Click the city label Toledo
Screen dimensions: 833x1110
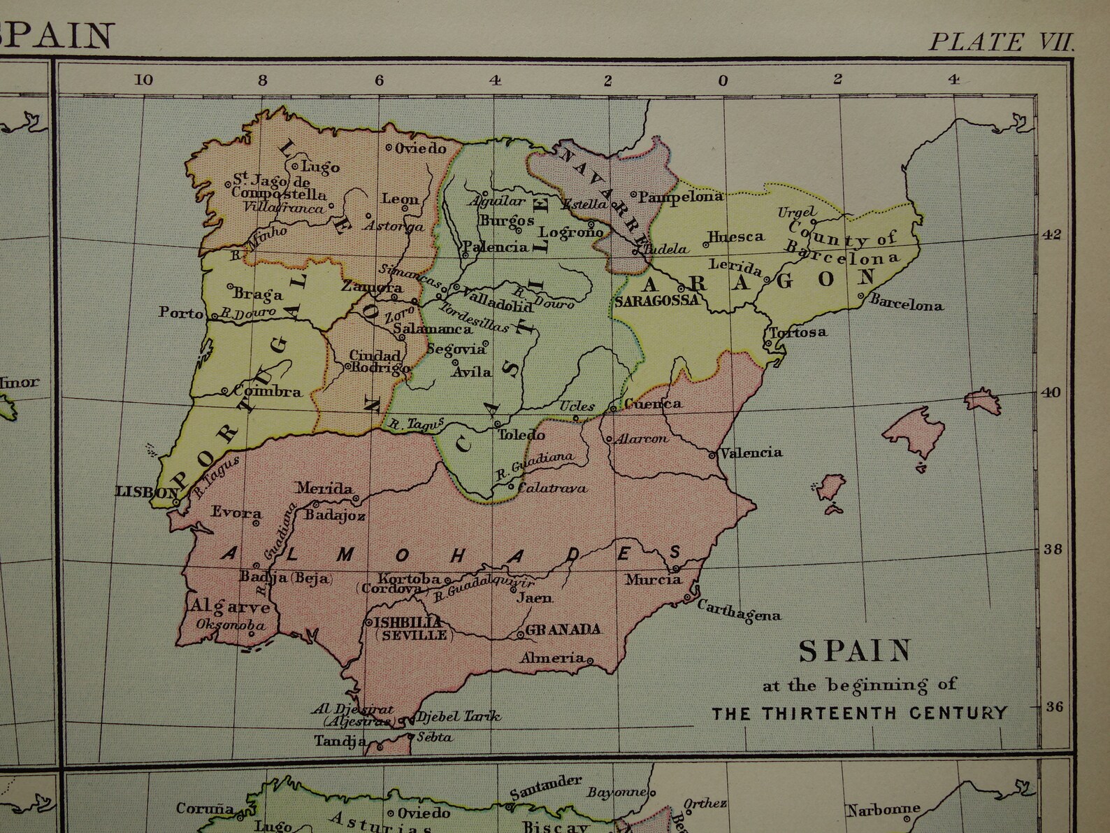[521, 434]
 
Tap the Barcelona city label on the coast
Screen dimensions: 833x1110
[908, 305]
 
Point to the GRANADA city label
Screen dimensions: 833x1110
[563, 629]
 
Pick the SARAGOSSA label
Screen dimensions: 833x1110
[657, 300]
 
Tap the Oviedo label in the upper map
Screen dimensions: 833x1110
[420, 148]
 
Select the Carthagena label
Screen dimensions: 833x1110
[739, 611]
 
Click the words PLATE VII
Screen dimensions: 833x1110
[1000, 42]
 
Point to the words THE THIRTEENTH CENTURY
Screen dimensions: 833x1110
[860, 713]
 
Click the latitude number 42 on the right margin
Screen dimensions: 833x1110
[1052, 234]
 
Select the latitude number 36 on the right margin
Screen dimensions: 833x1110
[1053, 707]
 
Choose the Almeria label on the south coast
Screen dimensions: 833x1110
[552, 657]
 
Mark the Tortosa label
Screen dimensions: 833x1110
[798, 332]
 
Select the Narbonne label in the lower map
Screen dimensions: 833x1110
[883, 810]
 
